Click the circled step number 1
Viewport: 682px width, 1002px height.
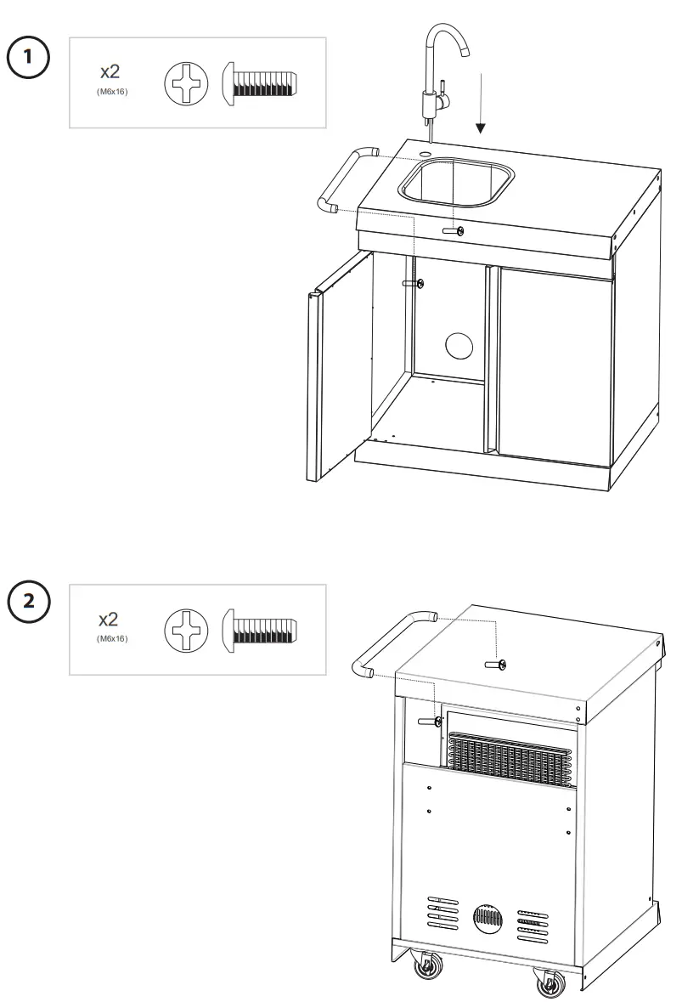coord(30,57)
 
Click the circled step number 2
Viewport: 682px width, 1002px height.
coord(30,601)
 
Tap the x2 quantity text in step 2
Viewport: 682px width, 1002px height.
coord(110,620)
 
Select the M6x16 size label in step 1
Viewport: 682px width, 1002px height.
coord(112,91)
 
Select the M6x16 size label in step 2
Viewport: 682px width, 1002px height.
coord(112,638)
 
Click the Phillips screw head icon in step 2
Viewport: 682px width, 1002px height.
coord(185,632)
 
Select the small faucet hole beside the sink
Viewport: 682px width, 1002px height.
coord(425,153)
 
